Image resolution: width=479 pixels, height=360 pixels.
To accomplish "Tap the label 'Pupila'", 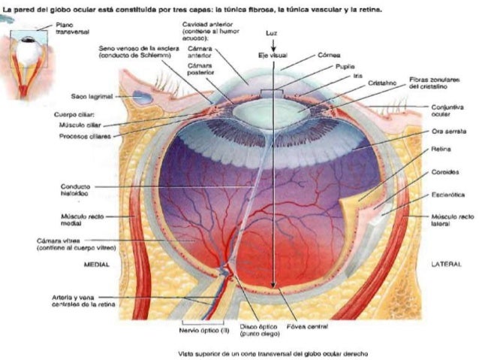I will (344, 66).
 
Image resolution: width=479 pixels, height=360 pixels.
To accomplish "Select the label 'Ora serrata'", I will (446, 131).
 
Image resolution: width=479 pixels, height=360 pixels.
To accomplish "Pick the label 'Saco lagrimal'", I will (89, 96).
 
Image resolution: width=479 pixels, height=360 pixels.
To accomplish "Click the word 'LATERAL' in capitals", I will (447, 265).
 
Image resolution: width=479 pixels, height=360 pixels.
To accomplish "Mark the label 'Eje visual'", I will (272, 56).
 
